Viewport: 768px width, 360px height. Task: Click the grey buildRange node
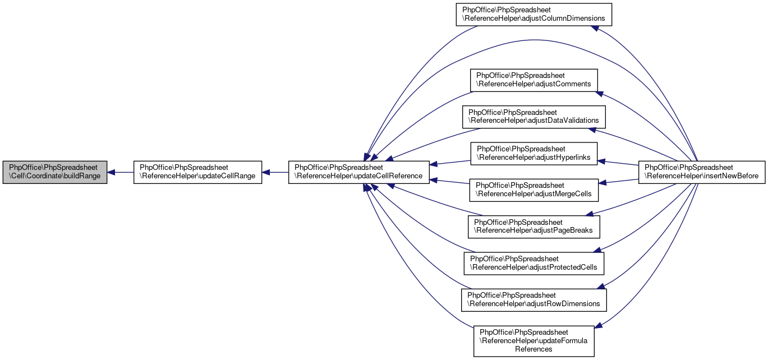pyautogui.click(x=55, y=172)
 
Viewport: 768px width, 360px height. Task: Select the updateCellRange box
pyautogui.click(x=197, y=172)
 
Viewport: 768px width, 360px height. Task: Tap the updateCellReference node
pyautogui.click(x=358, y=172)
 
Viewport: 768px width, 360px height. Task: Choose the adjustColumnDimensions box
pyautogui.click(x=534, y=15)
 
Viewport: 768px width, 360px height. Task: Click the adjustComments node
pyautogui.click(x=534, y=80)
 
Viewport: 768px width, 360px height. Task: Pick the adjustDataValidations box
pyautogui.click(x=534, y=117)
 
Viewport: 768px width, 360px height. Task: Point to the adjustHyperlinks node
pyautogui.click(x=534, y=154)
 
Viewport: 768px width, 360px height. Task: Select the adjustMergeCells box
pyautogui.click(x=534, y=190)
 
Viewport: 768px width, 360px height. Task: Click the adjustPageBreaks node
pyautogui.click(x=534, y=227)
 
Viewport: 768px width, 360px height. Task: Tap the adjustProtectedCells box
pyautogui.click(x=534, y=264)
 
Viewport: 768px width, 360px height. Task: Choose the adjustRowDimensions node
pyautogui.click(x=534, y=300)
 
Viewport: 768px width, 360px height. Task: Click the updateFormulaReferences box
pyautogui.click(x=534, y=341)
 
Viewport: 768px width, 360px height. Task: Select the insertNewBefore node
pyautogui.click(x=702, y=172)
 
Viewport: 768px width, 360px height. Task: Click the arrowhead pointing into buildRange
pyautogui.click(x=111, y=172)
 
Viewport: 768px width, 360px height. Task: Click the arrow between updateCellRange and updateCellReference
pyautogui.click(x=275, y=172)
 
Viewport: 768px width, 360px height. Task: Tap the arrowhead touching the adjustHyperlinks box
pyautogui.click(x=601, y=161)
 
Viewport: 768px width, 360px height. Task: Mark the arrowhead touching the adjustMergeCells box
pyautogui.click(x=602, y=183)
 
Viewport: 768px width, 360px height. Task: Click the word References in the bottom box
pyautogui.click(x=534, y=349)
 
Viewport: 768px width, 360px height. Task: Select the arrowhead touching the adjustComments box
pyautogui.click(x=600, y=93)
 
